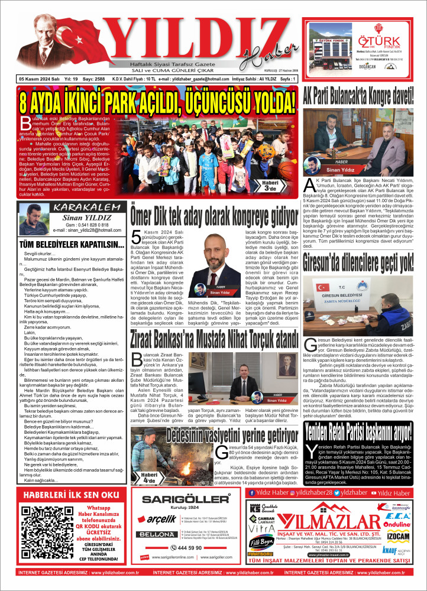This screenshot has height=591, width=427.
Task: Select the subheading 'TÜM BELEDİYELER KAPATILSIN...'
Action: coord(64,244)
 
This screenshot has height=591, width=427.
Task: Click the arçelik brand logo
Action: coord(155,519)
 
